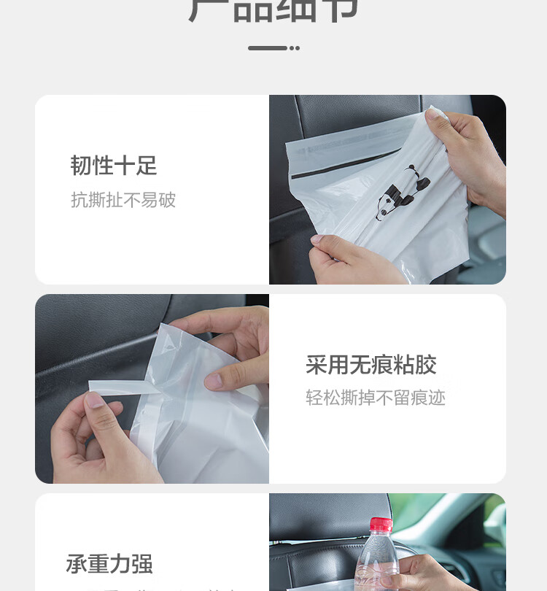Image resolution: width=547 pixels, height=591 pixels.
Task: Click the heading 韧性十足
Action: pyautogui.click(x=114, y=166)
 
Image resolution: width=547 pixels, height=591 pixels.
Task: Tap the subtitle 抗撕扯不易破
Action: pyautogui.click(x=123, y=200)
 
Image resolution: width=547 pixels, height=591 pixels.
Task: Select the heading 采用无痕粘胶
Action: pyautogui.click(x=371, y=365)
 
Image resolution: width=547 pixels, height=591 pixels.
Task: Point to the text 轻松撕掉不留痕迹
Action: pyautogui.click(x=376, y=398)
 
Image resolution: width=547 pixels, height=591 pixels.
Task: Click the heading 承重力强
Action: pyautogui.click(x=109, y=564)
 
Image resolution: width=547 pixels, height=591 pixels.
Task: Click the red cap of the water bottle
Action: pyautogui.click(x=381, y=525)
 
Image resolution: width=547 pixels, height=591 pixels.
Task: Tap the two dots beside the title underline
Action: pyautogui.click(x=294, y=48)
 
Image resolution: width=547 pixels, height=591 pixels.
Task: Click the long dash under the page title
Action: pyautogui.click(x=267, y=48)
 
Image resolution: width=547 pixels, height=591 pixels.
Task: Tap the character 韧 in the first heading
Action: pyautogui.click(x=81, y=166)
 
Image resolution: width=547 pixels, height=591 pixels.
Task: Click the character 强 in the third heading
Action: pyautogui.click(x=142, y=564)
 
